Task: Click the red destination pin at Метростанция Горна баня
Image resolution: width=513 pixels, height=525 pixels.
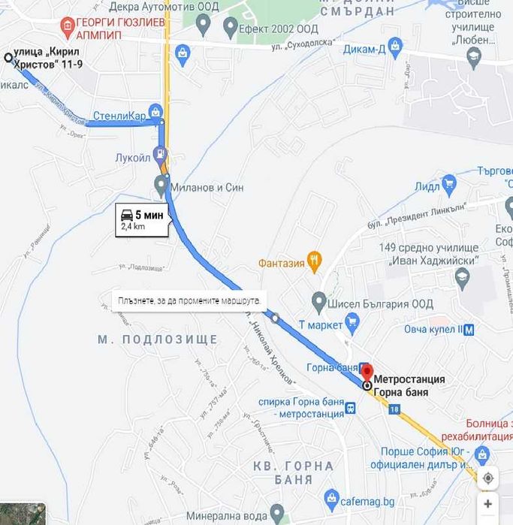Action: click(x=367, y=371)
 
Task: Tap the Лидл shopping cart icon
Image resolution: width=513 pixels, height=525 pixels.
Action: click(x=449, y=183)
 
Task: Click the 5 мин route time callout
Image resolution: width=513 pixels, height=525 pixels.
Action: click(x=142, y=219)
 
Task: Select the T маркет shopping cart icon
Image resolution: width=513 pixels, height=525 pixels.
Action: click(x=352, y=324)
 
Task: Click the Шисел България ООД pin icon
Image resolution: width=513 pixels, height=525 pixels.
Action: click(x=319, y=303)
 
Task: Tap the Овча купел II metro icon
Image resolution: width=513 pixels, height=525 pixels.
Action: click(x=469, y=329)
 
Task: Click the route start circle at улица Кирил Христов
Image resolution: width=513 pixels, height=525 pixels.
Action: click(x=8, y=57)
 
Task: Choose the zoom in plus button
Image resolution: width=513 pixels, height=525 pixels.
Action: click(x=488, y=504)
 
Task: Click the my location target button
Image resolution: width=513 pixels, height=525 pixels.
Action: click(x=488, y=478)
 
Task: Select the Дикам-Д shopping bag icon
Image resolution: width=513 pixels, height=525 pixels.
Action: click(x=396, y=47)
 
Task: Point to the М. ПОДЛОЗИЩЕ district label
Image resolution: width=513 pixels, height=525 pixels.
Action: click(x=158, y=339)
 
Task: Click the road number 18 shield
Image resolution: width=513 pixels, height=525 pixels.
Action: click(x=396, y=409)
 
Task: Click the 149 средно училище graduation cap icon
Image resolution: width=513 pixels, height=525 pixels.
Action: click(x=463, y=278)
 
